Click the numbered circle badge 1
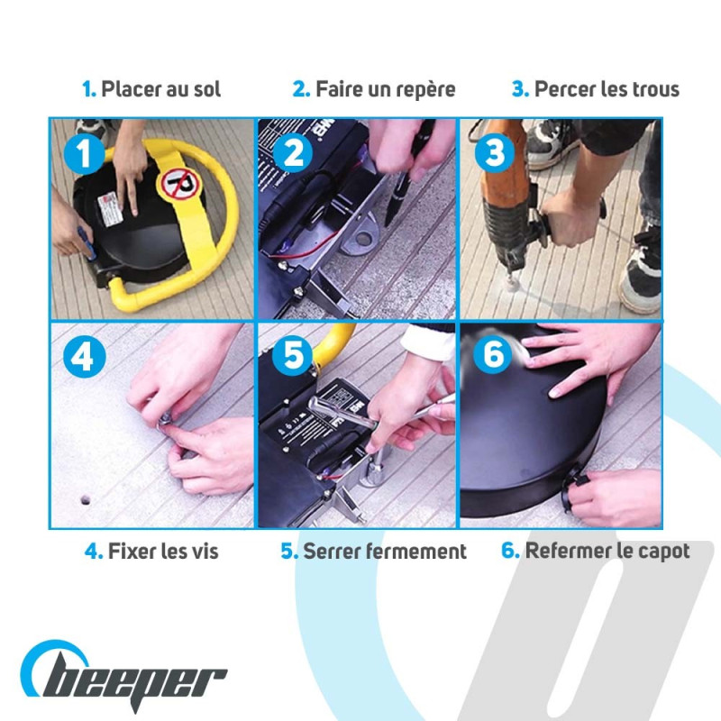click(x=84, y=153)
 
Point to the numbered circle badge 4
click(x=84, y=356)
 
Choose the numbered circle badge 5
click(x=293, y=354)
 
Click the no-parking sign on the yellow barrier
click(x=179, y=184)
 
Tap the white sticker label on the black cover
click(x=110, y=210)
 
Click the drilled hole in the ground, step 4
click(x=85, y=500)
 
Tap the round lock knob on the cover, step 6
click(x=575, y=488)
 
